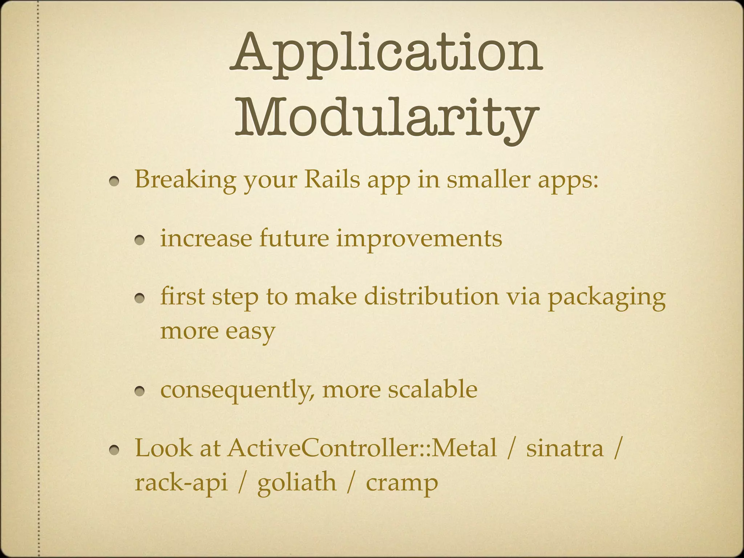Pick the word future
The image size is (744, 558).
[x=294, y=239]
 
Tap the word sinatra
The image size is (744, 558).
[x=565, y=449]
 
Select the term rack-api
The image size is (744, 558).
[x=181, y=483]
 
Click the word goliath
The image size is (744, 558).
[x=297, y=483]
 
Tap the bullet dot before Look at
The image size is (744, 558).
[x=116, y=451]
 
